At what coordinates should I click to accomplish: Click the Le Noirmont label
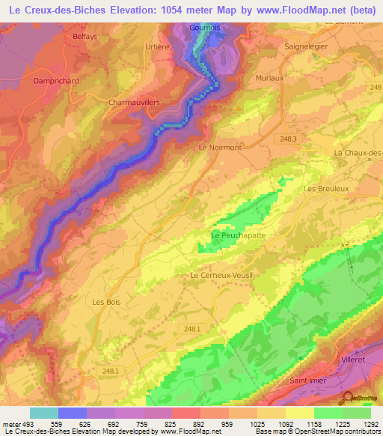click(x=220, y=148)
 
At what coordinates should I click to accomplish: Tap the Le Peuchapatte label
click(x=238, y=235)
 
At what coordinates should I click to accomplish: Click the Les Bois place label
click(x=106, y=302)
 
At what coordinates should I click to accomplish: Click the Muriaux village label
click(x=270, y=76)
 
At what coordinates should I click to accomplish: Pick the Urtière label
click(x=156, y=46)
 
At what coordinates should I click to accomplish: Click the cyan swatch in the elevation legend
click(x=43, y=413)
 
